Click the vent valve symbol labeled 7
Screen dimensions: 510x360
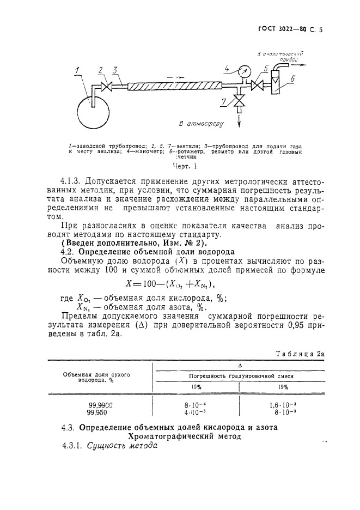pyautogui.click(x=239, y=101)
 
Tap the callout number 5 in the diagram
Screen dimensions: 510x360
pyautogui.click(x=266, y=68)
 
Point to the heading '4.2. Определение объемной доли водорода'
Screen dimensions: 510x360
pyautogui.click(x=148, y=252)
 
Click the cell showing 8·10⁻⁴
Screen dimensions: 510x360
pyautogui.click(x=196, y=405)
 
